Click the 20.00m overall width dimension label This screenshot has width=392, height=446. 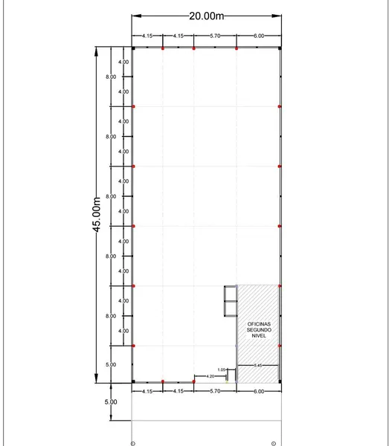(206, 16)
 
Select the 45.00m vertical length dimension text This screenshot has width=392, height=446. (97, 215)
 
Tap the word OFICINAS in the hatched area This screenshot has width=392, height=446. (259, 324)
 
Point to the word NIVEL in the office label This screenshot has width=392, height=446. (259, 336)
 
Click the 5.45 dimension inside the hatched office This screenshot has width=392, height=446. (258, 365)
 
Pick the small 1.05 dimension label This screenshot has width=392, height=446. (221, 369)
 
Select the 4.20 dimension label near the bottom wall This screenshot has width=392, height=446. (210, 376)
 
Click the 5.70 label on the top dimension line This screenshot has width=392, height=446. (215, 36)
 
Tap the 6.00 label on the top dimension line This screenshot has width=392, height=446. (259, 36)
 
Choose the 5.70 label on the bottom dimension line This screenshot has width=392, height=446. (215, 391)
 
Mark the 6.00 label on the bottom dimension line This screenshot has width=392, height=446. (259, 392)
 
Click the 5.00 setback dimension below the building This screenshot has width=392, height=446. (111, 402)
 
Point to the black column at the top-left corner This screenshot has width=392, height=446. (133, 48)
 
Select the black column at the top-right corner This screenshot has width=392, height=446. (280, 48)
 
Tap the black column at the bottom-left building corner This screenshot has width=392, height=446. (133, 381)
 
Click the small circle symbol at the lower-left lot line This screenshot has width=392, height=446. (132, 444)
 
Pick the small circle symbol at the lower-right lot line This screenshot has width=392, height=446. (274, 444)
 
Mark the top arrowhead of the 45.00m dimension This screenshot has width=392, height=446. (96, 51)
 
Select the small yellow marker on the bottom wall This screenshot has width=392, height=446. (227, 382)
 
